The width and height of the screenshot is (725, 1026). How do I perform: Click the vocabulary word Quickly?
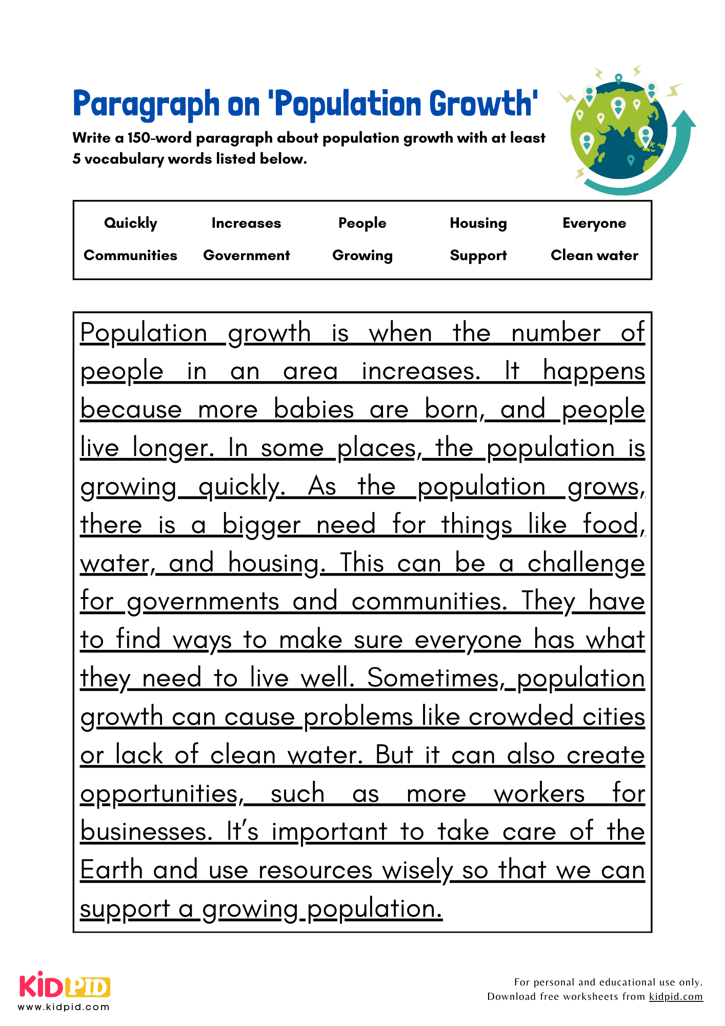[130, 223]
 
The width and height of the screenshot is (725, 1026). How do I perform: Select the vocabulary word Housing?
[478, 223]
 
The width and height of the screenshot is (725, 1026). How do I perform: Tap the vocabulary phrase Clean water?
[594, 255]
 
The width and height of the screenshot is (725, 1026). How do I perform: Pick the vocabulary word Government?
[246, 255]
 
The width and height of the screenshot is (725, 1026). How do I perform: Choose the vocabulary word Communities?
[130, 255]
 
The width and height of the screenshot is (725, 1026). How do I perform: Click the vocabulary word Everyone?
[594, 223]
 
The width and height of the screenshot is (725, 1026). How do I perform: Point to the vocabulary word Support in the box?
[478, 255]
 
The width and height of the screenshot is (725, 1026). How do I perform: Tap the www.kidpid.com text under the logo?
[64, 1007]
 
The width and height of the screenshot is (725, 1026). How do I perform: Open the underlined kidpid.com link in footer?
[675, 996]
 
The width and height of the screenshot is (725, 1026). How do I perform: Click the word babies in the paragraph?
[314, 410]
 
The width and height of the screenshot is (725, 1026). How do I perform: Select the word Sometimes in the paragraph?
[433, 678]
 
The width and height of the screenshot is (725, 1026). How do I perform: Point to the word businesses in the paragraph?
[146, 832]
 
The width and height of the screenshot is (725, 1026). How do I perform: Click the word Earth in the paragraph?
[111, 870]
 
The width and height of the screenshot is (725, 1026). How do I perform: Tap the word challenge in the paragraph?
[586, 564]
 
